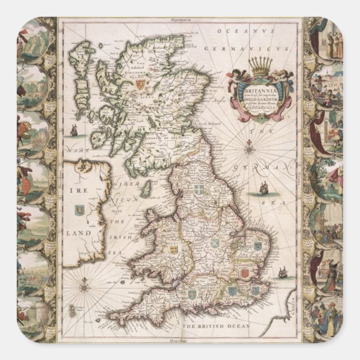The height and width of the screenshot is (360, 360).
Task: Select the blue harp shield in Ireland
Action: coord(79,211)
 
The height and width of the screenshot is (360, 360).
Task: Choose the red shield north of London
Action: coord(244,272)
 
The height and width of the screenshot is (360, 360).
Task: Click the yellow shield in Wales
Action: coord(173,249)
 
